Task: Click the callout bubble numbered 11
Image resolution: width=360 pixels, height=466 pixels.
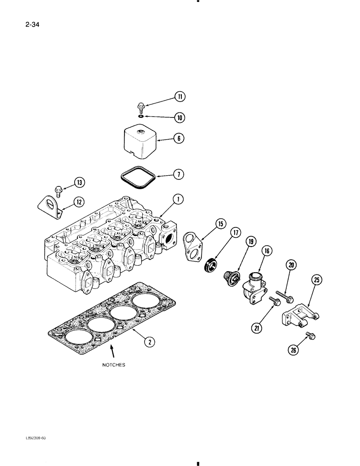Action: click(x=180, y=97)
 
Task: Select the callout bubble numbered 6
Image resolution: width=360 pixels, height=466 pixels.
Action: click(x=180, y=138)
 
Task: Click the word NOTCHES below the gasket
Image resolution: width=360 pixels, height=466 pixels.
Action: click(x=113, y=366)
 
